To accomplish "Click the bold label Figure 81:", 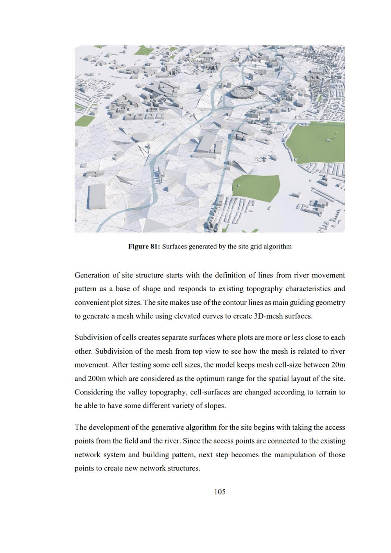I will point(144,247).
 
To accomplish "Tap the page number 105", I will point(220,492).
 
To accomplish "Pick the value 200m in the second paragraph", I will point(97,378).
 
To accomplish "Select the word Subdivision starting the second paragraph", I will point(93,337).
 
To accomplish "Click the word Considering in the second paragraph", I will point(93,392).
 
